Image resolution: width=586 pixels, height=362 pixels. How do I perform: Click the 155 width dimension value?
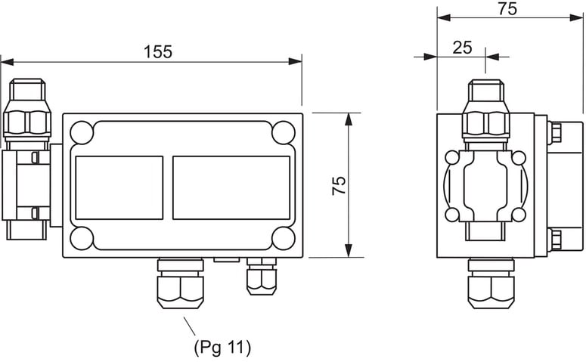(x=158, y=51)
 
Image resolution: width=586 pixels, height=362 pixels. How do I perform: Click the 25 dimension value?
(x=462, y=47)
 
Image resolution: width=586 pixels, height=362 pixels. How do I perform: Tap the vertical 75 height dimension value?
(x=340, y=186)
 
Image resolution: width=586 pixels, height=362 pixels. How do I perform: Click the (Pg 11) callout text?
(x=222, y=348)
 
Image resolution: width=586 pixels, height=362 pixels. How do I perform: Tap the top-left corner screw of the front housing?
(x=82, y=134)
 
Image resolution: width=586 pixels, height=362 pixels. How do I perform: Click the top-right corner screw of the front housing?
(x=284, y=133)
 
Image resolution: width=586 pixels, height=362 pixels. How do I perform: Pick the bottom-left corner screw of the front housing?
(x=82, y=238)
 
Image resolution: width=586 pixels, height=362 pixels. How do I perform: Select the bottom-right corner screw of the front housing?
(x=284, y=238)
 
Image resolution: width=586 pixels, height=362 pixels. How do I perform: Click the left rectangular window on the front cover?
(x=119, y=187)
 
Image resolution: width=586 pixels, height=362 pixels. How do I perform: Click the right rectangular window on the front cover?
(x=231, y=187)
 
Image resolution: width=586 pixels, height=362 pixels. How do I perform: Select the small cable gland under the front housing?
(x=261, y=277)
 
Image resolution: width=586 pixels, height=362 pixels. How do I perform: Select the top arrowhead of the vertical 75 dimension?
(x=349, y=119)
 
